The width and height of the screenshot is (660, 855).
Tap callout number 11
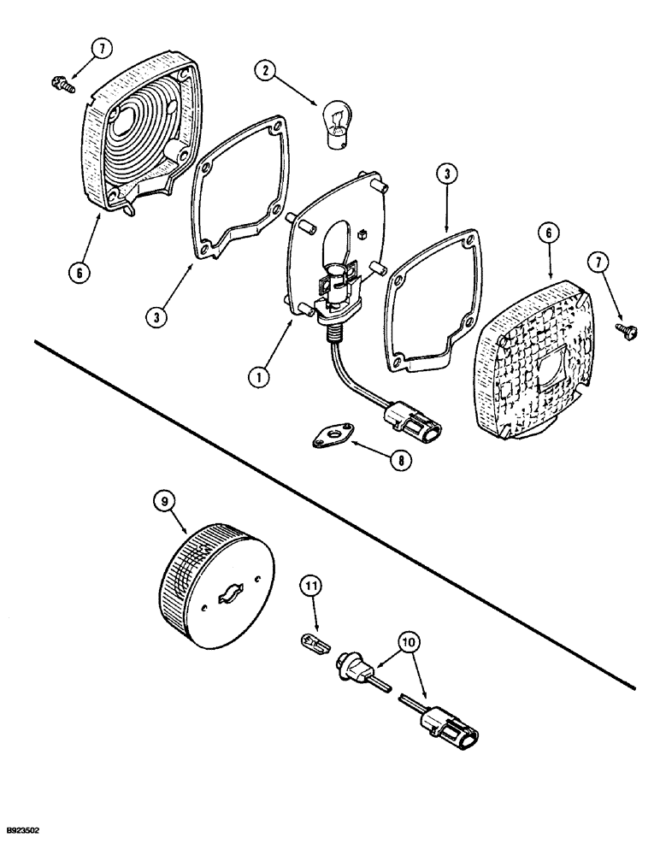point(312,587)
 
